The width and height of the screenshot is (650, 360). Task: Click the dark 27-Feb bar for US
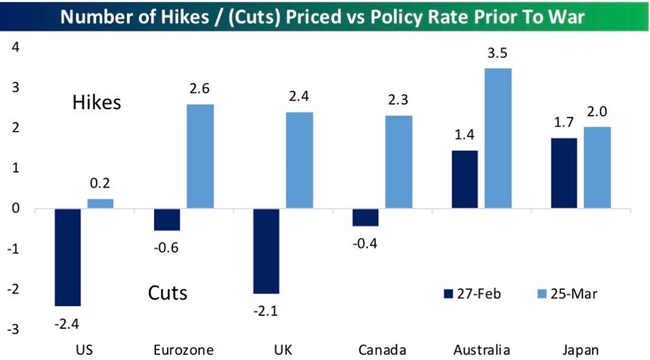point(67,257)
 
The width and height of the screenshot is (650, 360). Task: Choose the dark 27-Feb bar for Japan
point(564,174)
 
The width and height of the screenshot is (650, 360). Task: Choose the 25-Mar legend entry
point(563,293)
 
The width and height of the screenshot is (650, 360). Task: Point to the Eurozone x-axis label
point(185,350)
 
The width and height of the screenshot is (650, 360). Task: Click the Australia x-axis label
point(482,350)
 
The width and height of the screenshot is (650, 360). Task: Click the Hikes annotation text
point(96,103)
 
